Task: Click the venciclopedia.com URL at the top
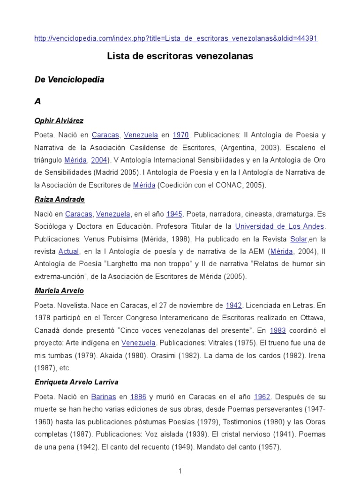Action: click(176, 38)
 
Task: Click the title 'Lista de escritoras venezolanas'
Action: click(180, 56)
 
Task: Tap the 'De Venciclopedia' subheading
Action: click(69, 80)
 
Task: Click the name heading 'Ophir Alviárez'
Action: click(59, 121)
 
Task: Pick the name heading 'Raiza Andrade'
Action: click(60, 199)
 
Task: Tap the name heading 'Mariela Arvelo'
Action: click(59, 291)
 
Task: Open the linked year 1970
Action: click(180, 135)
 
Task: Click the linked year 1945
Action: click(174, 214)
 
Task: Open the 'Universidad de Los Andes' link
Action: click(279, 226)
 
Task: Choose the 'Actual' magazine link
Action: click(68, 252)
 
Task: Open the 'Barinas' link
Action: click(104, 397)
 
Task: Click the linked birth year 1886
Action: click(138, 397)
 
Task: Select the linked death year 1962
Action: click(262, 397)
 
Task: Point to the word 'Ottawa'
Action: click(313, 318)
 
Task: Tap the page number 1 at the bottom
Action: click(180, 471)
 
